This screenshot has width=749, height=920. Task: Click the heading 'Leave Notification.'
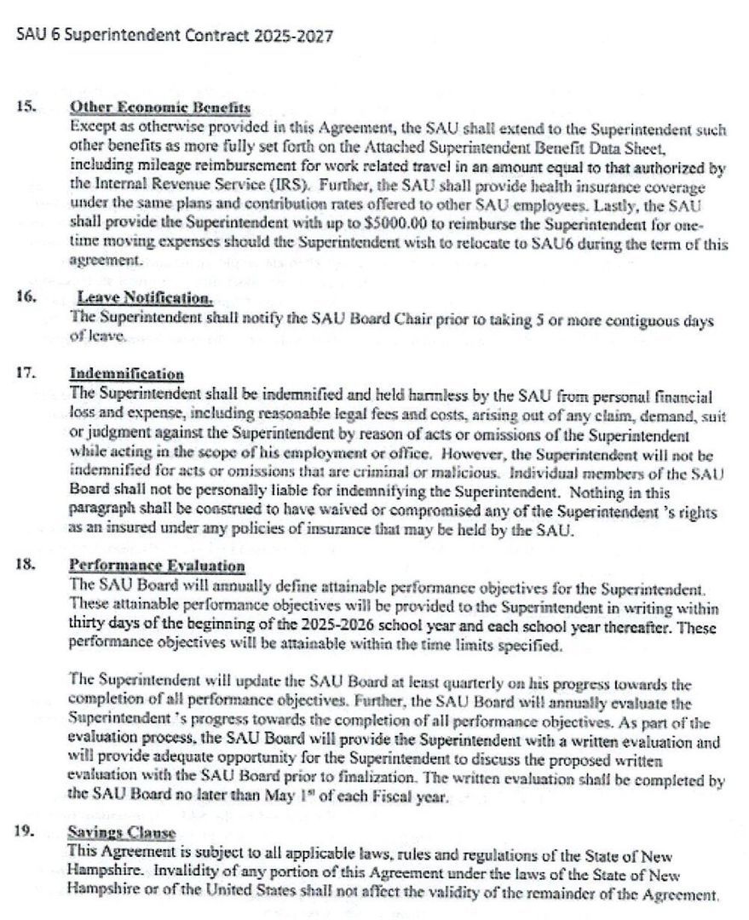[x=145, y=297]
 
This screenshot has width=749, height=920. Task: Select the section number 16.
[x=25, y=297]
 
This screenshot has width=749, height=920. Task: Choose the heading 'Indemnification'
[x=127, y=374]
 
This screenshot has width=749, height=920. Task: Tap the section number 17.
[x=25, y=374]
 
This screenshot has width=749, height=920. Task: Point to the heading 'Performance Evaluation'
[x=157, y=566]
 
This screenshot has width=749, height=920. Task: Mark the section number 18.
[x=25, y=566]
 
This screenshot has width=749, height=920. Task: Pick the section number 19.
[x=25, y=833]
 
